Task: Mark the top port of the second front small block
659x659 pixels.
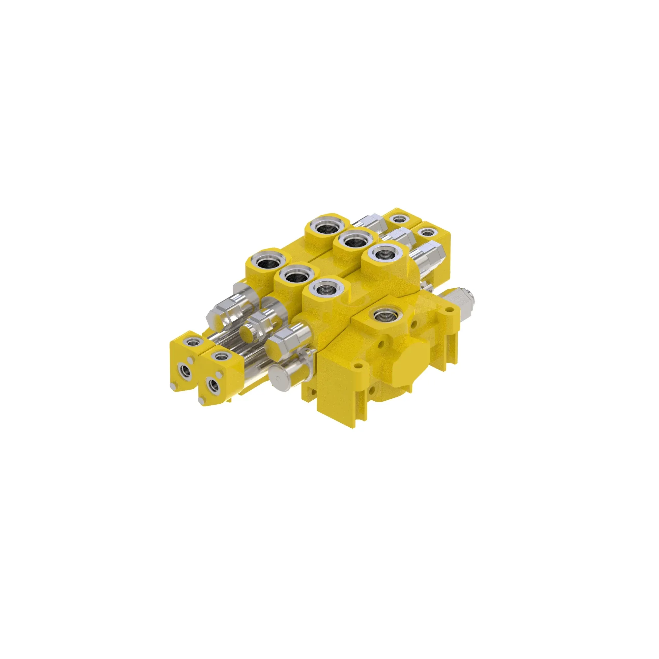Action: coord(219,357)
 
